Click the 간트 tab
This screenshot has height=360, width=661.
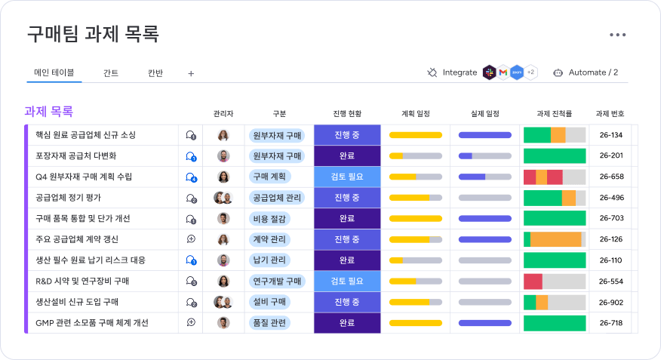coord(111,73)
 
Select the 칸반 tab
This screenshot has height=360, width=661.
coord(155,73)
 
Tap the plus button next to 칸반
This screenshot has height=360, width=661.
coord(191,74)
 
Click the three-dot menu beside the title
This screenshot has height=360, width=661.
coord(617,35)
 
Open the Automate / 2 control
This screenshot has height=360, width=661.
coord(586,72)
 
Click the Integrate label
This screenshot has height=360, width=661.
coord(460,72)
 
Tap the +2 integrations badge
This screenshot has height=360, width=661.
coord(530,72)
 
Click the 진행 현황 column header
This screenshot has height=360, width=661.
coord(347,113)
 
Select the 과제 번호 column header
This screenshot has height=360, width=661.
coord(610,113)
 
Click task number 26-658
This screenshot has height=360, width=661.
coord(611,177)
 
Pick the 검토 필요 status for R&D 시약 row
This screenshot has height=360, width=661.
coord(347,282)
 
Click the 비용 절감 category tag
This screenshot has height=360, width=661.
coord(269,219)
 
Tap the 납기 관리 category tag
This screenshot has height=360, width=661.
coord(269,260)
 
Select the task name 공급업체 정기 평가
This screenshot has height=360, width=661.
coord(69,198)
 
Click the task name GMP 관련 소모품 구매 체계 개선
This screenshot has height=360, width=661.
coord(92,323)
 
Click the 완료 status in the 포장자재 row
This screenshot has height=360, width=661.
coord(347,156)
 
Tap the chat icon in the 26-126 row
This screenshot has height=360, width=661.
coord(191,239)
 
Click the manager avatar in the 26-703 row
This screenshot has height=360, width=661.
coord(223,218)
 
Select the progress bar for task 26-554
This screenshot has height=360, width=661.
coord(555,282)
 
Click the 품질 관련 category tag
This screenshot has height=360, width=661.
coord(269,323)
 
